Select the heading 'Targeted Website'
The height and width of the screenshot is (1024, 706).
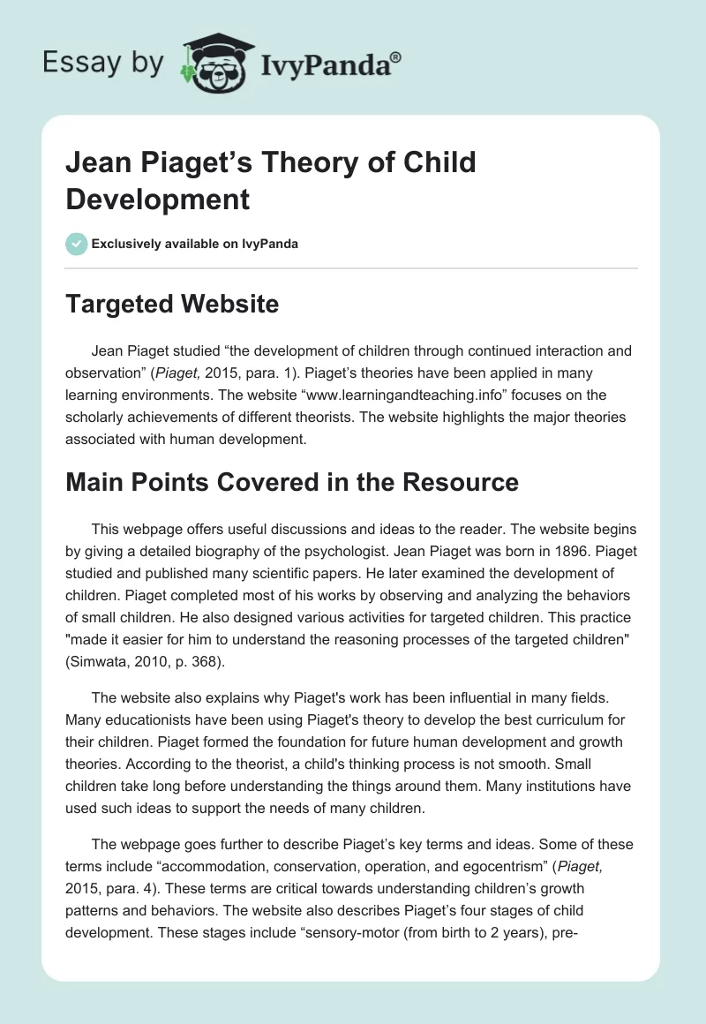[x=172, y=305]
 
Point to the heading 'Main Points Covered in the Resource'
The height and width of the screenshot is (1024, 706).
[x=291, y=482]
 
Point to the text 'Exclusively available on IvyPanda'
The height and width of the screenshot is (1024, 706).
[x=194, y=244]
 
